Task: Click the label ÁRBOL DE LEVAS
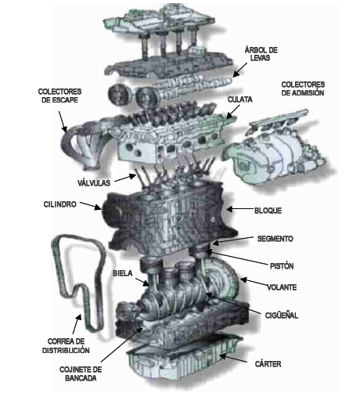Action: (x=261, y=54)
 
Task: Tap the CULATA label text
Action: (x=239, y=99)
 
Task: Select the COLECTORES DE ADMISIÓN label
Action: (x=303, y=88)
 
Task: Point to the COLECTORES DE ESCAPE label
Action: (x=59, y=96)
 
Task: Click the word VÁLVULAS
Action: (x=94, y=183)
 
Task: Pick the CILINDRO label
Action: (x=60, y=204)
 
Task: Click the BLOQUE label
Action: (x=268, y=211)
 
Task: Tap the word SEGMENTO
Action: (x=275, y=239)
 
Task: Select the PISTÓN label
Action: (x=282, y=266)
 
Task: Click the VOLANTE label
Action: (x=282, y=287)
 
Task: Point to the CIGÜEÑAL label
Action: (x=282, y=316)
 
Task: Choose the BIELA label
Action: (x=123, y=273)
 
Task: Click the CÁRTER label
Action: (x=268, y=364)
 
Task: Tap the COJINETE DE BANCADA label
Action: (x=81, y=373)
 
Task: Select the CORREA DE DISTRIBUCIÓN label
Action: (x=66, y=346)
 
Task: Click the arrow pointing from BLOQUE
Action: (x=240, y=209)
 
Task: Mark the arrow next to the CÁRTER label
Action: (x=233, y=359)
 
